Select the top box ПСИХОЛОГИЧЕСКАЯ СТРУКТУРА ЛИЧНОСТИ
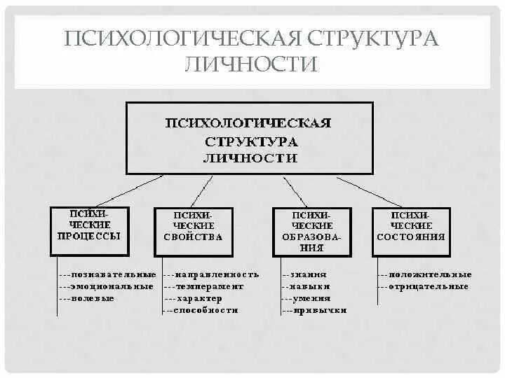point(249,139)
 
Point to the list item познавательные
point(113,274)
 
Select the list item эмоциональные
point(112,286)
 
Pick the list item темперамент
point(210,286)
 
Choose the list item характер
point(203,298)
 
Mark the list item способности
point(206,310)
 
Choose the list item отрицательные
point(428,286)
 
